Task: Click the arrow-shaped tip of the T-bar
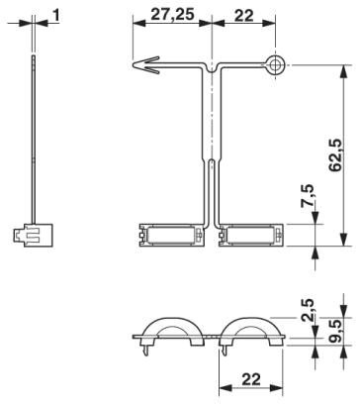[143, 68]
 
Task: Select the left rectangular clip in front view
[172, 237]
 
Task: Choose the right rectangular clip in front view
[252, 237]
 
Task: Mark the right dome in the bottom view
[255, 332]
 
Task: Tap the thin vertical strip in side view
[34, 139]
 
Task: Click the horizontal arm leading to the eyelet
[242, 67]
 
